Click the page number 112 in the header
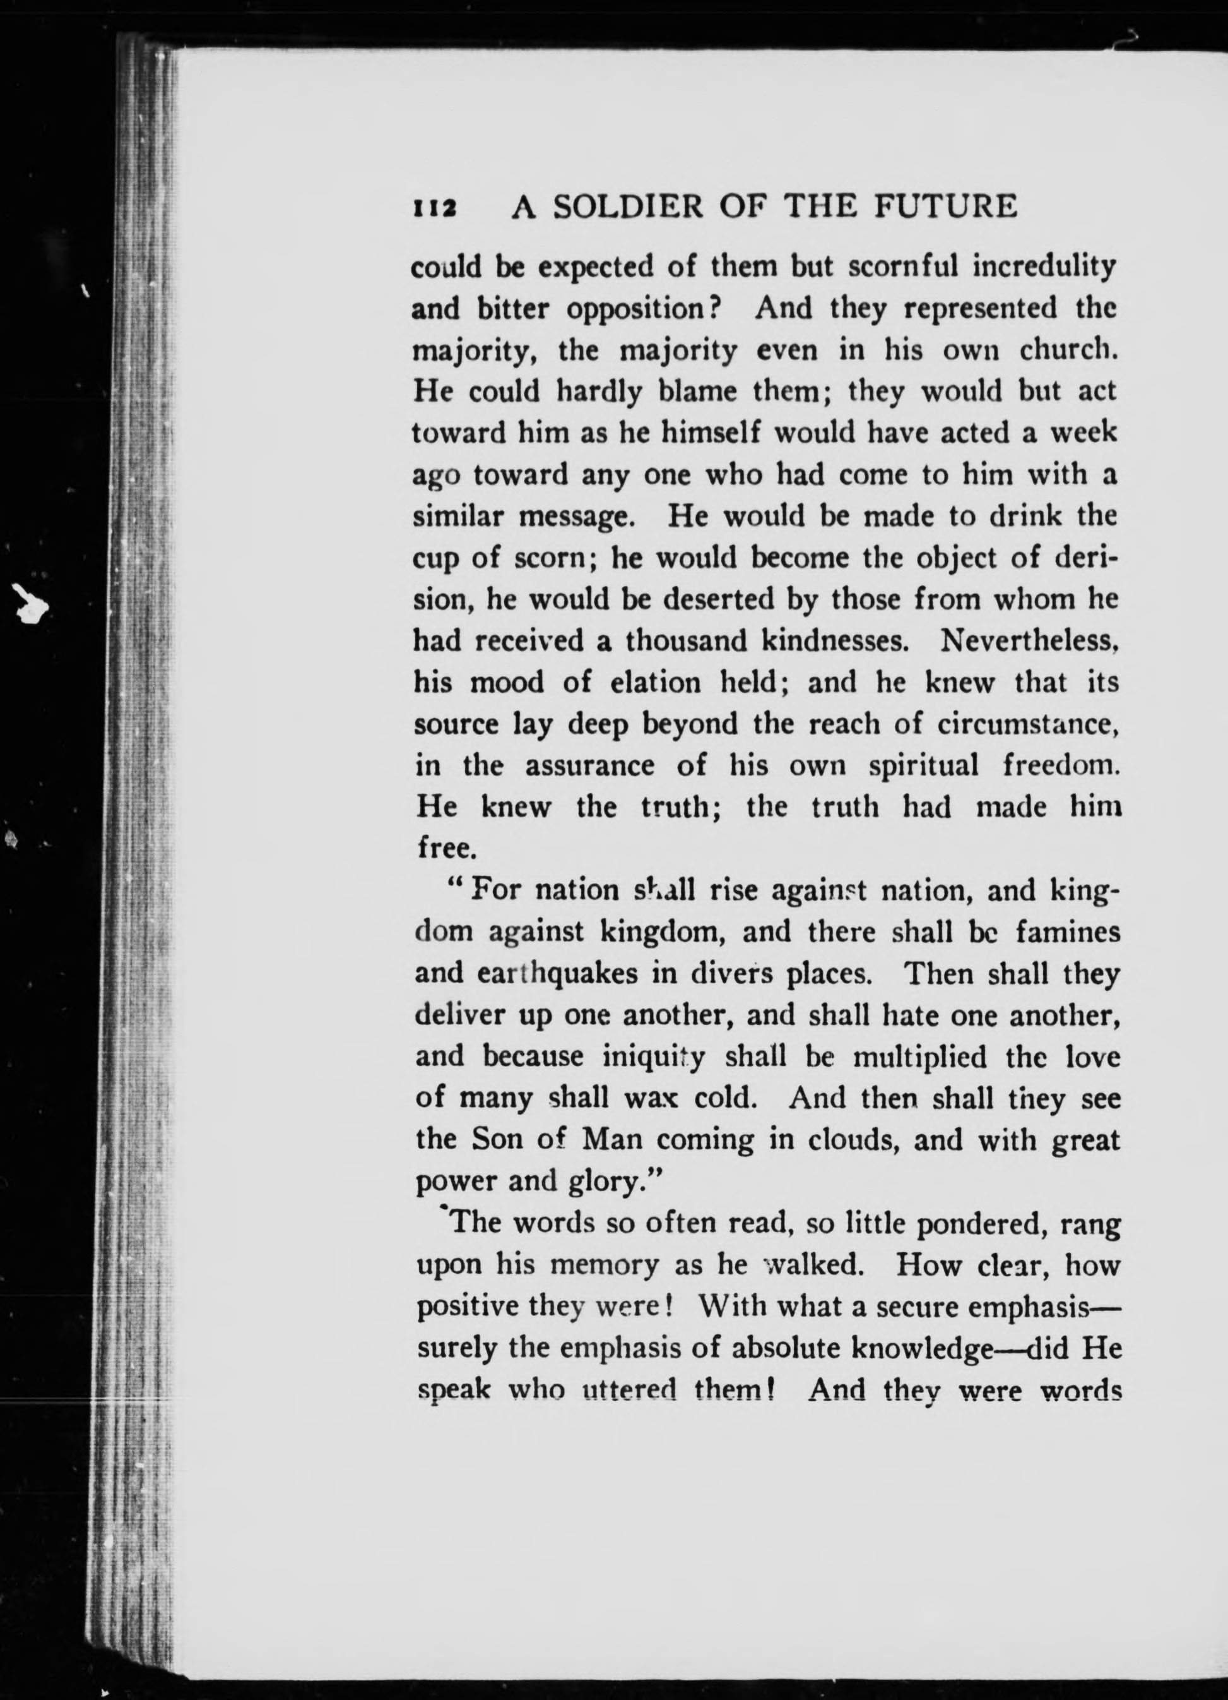click(x=435, y=208)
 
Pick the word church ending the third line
click(x=1067, y=350)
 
